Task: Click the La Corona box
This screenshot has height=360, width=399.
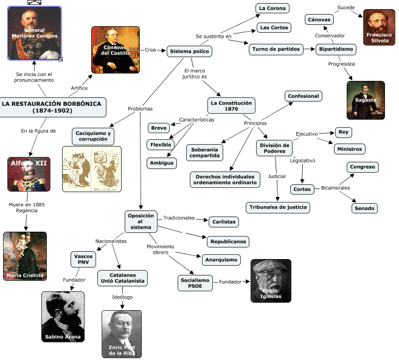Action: coord(272,8)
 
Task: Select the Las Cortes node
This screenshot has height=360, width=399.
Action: coord(274,27)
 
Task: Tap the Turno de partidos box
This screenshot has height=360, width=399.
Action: coord(276,49)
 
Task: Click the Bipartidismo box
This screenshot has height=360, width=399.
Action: coord(336,49)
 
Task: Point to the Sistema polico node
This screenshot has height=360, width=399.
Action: coord(189,51)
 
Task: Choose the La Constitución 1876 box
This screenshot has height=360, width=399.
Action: coord(231,106)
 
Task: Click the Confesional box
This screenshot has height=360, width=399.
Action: coord(304,96)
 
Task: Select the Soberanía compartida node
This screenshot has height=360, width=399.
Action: coord(204,153)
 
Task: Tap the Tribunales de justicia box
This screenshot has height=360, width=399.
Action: coord(278,207)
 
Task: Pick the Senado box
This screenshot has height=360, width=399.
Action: coord(364,208)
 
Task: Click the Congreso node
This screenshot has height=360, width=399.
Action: coord(363,167)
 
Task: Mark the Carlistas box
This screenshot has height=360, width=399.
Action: coord(224,222)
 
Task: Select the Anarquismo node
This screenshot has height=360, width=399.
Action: coord(221,260)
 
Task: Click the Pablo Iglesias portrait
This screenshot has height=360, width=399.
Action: coord(271,281)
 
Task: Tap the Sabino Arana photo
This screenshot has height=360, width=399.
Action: coord(63,317)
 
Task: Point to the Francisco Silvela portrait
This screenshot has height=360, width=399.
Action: coord(379,27)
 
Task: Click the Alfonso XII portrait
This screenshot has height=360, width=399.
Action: coord(29,175)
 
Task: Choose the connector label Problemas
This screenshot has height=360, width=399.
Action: coord(141,109)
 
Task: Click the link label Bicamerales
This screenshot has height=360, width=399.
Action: coord(335,188)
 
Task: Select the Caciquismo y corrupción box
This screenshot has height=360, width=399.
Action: coord(93,136)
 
